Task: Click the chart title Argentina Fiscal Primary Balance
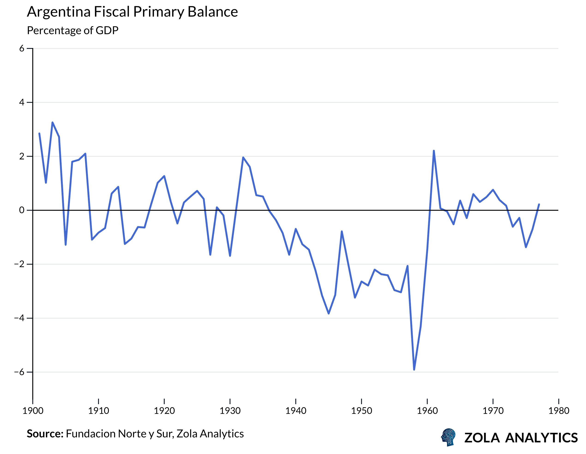pyautogui.click(x=132, y=12)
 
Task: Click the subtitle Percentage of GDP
pyautogui.click(x=72, y=30)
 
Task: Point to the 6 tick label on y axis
pyautogui.click(x=22, y=49)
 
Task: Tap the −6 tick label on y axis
pyautogui.click(x=19, y=372)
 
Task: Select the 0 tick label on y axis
pyautogui.click(x=22, y=210)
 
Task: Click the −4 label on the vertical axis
pyautogui.click(x=19, y=318)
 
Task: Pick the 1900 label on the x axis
pyautogui.click(x=33, y=411)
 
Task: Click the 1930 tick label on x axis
pyautogui.click(x=230, y=411)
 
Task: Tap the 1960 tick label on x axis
pyautogui.click(x=427, y=411)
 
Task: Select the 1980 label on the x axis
pyautogui.click(x=559, y=411)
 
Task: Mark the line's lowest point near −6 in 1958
pyautogui.click(x=414, y=370)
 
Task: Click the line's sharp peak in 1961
pyautogui.click(x=434, y=151)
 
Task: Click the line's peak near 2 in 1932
pyautogui.click(x=243, y=158)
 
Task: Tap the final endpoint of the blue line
pyautogui.click(x=539, y=204)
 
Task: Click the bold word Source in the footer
pyautogui.click(x=45, y=434)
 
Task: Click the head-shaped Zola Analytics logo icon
pyautogui.click(x=448, y=437)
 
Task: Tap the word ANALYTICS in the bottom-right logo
pyautogui.click(x=541, y=438)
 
